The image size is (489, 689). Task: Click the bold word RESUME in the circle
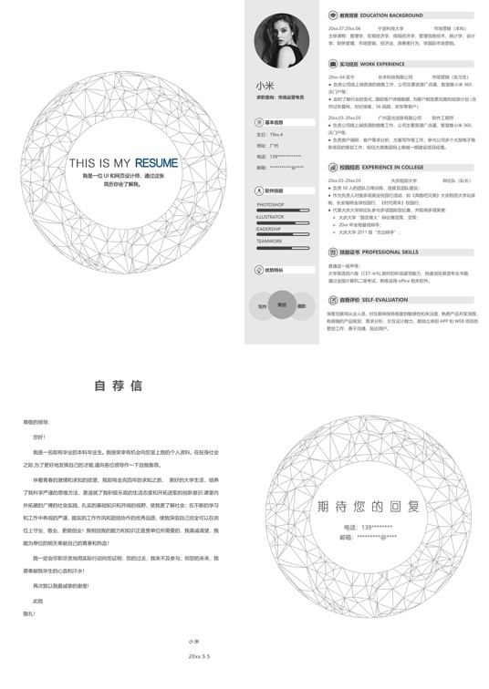coord(150,163)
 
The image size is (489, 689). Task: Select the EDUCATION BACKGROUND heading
coord(391,15)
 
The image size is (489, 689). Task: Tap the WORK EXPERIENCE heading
coord(382,65)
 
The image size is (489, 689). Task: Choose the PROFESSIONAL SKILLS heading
coord(390,252)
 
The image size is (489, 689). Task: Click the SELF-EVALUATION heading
coord(385,300)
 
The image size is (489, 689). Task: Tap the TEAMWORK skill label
coord(269,241)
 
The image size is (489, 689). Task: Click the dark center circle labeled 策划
coord(282,305)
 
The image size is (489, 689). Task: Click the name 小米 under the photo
coord(264,85)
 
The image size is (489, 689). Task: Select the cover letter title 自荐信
coord(119,386)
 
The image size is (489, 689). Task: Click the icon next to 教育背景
coord(333,15)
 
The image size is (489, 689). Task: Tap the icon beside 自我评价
coord(333,300)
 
